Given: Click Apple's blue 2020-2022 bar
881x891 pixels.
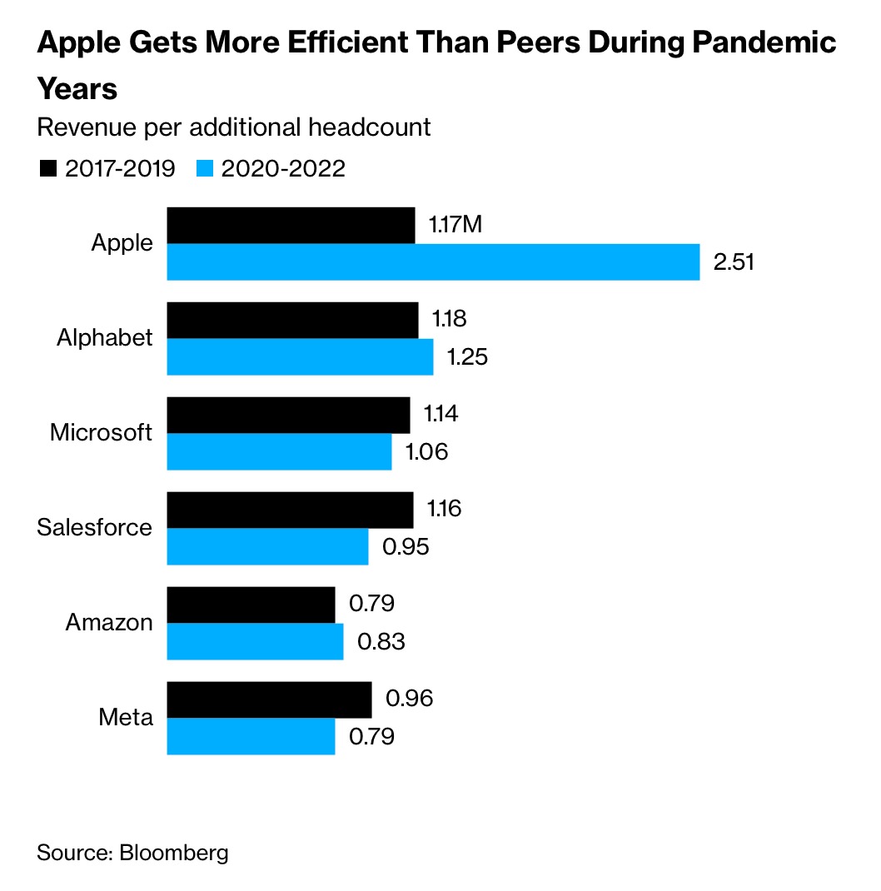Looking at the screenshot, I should coord(433,262).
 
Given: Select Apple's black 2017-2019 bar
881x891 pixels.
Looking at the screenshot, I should coord(291,226).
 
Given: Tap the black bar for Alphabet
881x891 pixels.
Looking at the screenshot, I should coord(292,321).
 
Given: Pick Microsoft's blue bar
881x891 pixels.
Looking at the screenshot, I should coord(279,452).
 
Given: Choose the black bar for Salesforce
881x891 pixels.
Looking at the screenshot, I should coord(290,510).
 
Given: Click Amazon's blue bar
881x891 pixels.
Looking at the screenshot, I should coord(255,642).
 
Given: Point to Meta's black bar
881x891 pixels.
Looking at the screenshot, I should coord(269,699).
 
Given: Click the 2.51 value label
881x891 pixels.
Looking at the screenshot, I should coord(734,262).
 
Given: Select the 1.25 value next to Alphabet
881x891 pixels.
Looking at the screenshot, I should coord(466,357).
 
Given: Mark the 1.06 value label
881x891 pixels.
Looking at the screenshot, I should coord(426,452).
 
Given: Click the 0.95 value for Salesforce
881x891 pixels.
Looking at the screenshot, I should coord(405,547).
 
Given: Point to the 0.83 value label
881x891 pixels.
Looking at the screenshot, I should coord(381,642).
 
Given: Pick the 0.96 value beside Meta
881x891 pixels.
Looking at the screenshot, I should coord(409,698).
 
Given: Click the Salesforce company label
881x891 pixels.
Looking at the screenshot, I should coord(95,528).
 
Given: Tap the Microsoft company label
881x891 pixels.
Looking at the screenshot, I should coord(102,433).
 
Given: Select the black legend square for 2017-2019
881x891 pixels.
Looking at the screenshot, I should coord(47,169).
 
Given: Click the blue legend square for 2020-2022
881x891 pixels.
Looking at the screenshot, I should coord(205,169).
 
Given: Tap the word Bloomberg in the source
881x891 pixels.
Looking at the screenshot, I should coord(174,853).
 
